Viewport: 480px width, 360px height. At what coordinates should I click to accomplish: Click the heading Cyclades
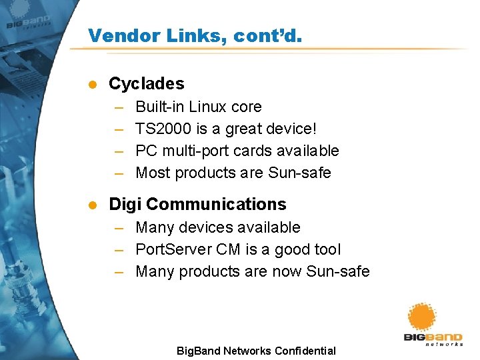(x=146, y=83)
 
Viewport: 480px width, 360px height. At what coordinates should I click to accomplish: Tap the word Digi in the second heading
(x=125, y=204)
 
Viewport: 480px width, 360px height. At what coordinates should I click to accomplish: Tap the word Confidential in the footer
(x=301, y=351)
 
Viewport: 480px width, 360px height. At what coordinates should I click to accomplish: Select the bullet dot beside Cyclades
(x=93, y=84)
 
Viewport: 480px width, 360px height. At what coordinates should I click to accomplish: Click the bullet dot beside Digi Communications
(x=93, y=205)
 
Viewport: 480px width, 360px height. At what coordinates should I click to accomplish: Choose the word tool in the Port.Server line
(x=326, y=249)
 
